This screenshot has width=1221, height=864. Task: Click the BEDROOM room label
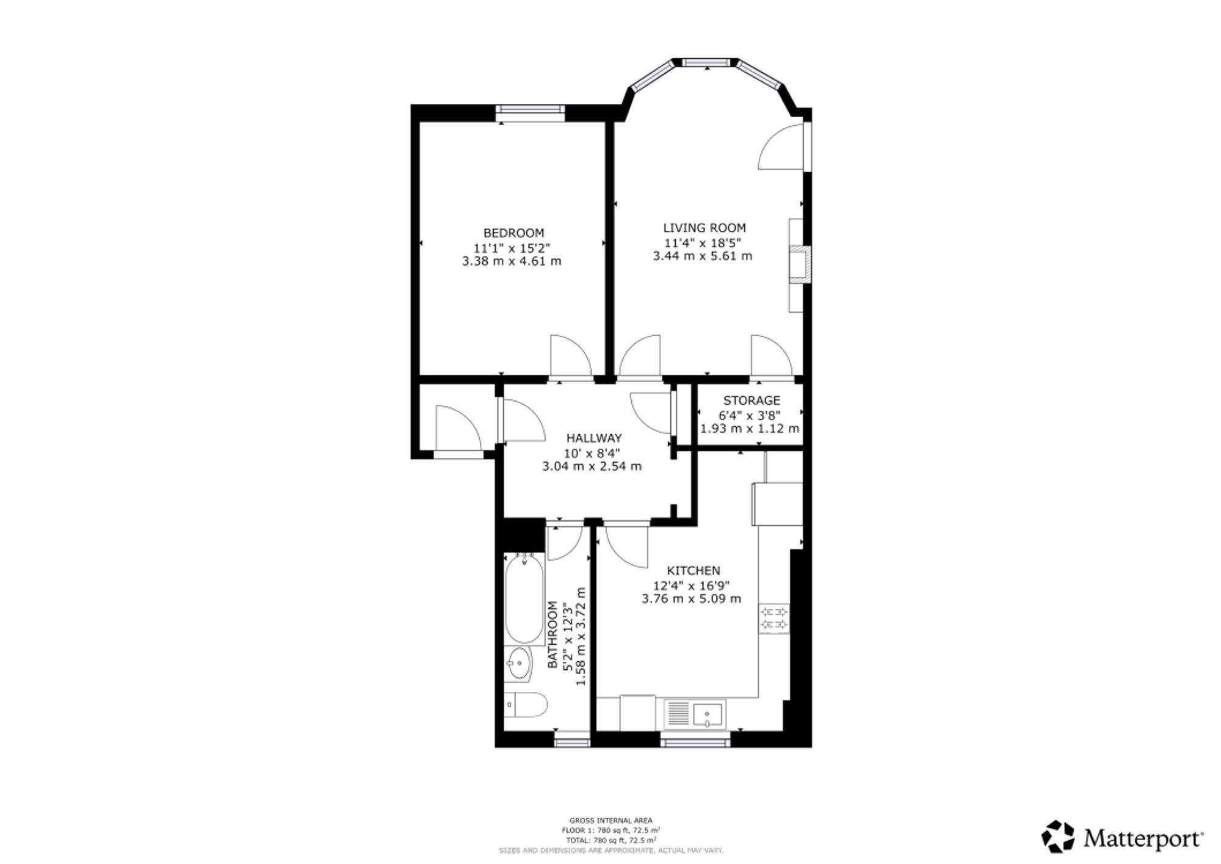[513, 233]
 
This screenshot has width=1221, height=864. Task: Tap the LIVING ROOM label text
[705, 228]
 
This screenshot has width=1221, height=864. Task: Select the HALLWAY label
[594, 438]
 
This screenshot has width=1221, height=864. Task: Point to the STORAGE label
[752, 401]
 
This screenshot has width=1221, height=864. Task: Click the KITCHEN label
[693, 570]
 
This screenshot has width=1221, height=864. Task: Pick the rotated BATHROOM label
[553, 634]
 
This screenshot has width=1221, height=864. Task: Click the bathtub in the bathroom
[524, 599]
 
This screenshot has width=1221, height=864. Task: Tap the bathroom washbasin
[519, 664]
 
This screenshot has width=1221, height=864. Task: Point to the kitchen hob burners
[774, 618]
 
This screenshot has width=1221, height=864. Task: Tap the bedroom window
[529, 109]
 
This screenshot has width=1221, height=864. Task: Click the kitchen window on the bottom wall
[695, 742]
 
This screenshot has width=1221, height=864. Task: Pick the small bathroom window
[572, 742]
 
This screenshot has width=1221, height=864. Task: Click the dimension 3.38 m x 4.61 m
[512, 261]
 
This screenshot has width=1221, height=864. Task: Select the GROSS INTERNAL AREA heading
[611, 820]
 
